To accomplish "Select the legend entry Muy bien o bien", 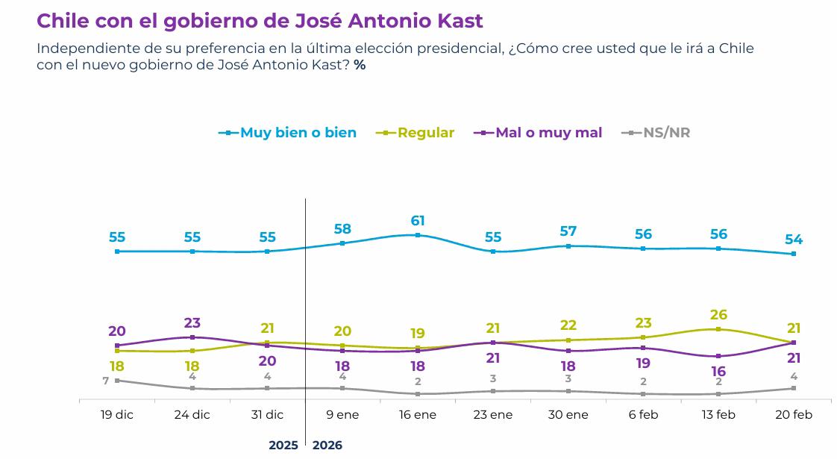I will click(298, 133).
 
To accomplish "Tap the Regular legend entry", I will click(425, 133).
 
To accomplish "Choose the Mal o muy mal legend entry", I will click(548, 133).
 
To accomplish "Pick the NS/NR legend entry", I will click(666, 133).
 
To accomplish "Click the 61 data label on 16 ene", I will click(418, 220).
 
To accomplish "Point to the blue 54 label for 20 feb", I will click(793, 240).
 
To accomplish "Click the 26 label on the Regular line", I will click(718, 315).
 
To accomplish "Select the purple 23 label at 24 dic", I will click(192, 323).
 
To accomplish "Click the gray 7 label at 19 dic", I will click(106, 381).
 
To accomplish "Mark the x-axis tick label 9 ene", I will click(342, 415).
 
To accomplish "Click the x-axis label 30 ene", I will click(568, 415).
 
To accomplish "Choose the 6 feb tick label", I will click(643, 415).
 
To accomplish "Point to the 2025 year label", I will click(283, 446).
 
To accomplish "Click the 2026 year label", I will click(327, 446).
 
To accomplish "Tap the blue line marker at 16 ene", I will click(418, 235).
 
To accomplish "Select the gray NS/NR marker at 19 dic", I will click(117, 381).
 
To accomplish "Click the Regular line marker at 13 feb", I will click(718, 329).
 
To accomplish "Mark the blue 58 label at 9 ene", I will click(342, 229).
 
